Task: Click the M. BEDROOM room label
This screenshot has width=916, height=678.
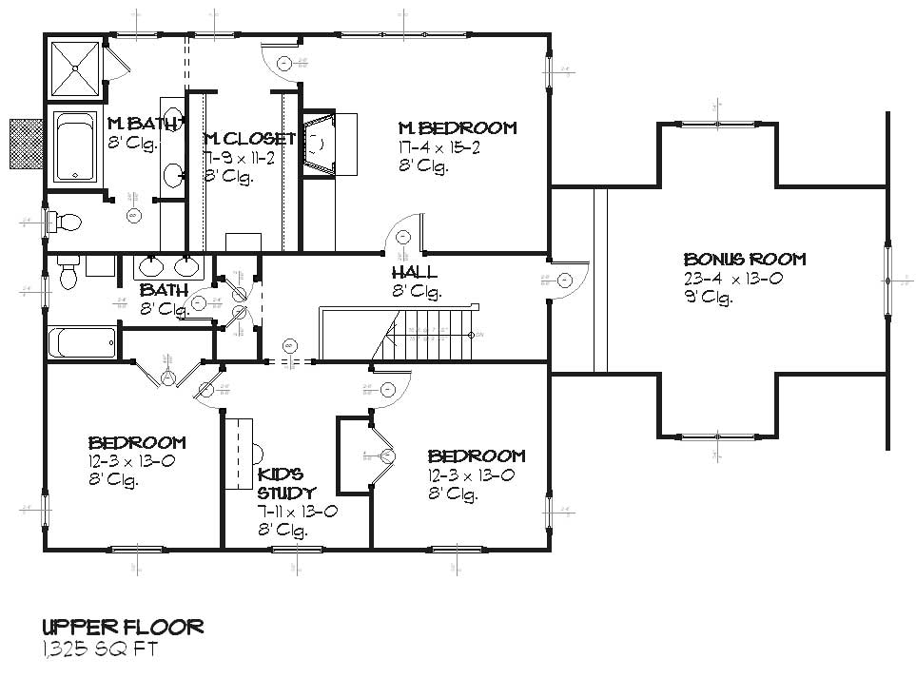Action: (x=457, y=128)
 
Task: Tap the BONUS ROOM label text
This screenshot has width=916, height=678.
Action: (x=745, y=259)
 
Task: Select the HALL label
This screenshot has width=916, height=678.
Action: (x=414, y=272)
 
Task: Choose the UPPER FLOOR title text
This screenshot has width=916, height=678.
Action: (x=122, y=627)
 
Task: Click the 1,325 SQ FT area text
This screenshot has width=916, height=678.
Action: (x=99, y=649)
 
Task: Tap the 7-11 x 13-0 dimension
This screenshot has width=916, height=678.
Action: (x=298, y=513)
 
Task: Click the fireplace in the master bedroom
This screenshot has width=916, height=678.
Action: (x=319, y=144)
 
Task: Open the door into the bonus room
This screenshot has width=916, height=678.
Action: (x=567, y=281)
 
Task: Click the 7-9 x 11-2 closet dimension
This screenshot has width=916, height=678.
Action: (x=240, y=159)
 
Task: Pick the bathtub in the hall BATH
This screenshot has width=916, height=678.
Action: (x=82, y=340)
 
